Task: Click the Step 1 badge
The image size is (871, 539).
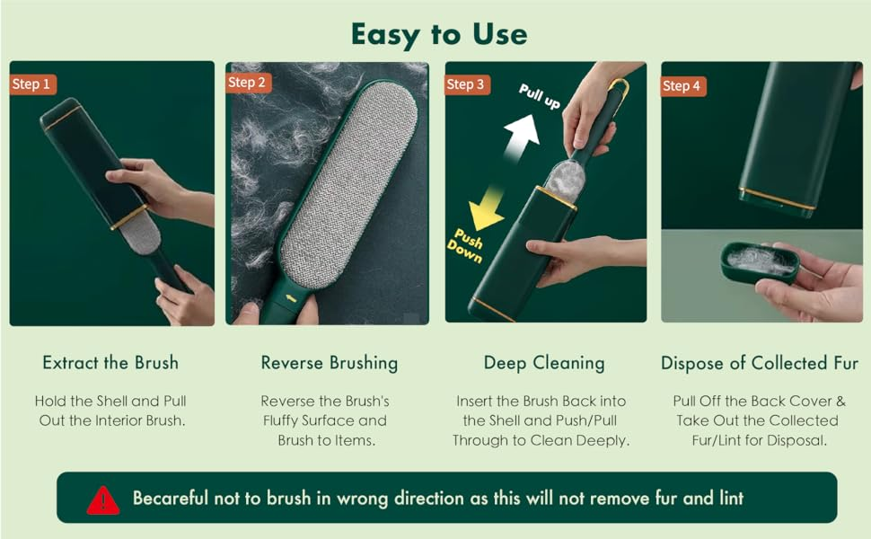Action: pyautogui.click(x=32, y=84)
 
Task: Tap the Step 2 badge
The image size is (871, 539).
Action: pyautogui.click(x=249, y=83)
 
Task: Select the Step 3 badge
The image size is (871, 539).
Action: pyautogui.click(x=467, y=84)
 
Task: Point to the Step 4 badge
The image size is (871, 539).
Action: pyautogui.click(x=682, y=86)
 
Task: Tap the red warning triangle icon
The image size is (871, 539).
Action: pyautogui.click(x=103, y=500)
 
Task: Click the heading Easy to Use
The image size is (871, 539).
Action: pyautogui.click(x=439, y=35)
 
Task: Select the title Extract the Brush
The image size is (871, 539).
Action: pyautogui.click(x=110, y=363)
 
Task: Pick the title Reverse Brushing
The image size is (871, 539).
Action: pyautogui.click(x=330, y=364)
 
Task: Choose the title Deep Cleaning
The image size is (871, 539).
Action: pyautogui.click(x=544, y=364)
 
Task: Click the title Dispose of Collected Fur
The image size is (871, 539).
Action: pyautogui.click(x=760, y=364)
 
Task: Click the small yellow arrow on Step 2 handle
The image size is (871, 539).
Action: pyautogui.click(x=291, y=298)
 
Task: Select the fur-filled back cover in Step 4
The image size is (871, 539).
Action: pyautogui.click(x=760, y=261)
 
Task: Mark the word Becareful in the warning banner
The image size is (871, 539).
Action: pyautogui.click(x=170, y=498)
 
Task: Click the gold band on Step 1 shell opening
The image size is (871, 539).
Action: pyautogui.click(x=129, y=217)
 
